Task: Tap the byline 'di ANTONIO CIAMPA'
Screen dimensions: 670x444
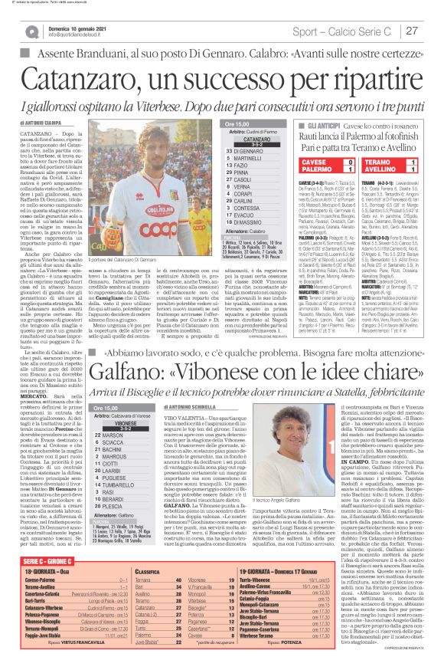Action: coord(39,123)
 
